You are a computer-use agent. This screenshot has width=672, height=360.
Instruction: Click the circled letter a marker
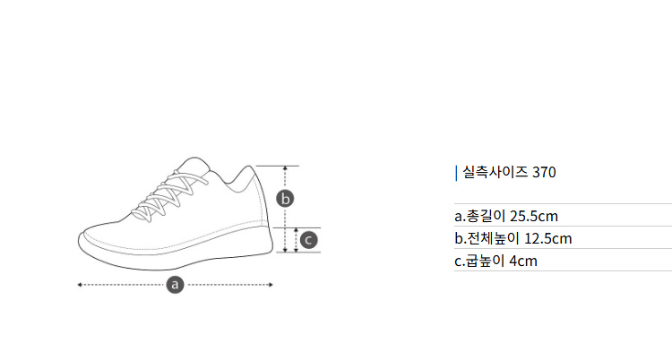[x=175, y=285]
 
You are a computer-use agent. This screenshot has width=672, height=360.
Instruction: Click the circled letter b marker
[x=285, y=199]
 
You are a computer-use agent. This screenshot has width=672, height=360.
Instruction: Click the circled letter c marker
[x=308, y=240]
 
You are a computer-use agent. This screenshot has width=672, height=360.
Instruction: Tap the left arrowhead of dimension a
[x=79, y=285]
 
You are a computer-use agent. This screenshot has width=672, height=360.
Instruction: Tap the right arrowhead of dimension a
[x=271, y=285]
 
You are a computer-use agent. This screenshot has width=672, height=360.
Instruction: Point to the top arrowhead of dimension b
[x=285, y=168]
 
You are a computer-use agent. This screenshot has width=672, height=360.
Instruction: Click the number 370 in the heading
[x=544, y=172]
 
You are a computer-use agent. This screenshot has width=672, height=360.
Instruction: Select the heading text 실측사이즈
[x=495, y=172]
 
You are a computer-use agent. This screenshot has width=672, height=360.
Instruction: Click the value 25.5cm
[x=534, y=216]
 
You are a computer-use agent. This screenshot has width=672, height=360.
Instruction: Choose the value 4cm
[x=523, y=261]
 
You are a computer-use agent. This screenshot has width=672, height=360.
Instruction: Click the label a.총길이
[x=480, y=216]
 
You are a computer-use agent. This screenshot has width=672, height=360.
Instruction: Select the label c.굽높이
[x=479, y=261]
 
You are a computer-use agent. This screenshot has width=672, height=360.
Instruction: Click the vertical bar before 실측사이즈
[x=456, y=173]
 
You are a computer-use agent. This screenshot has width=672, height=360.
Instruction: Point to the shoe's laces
[x=169, y=197]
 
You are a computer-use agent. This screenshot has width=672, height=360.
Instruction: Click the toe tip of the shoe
[x=79, y=240]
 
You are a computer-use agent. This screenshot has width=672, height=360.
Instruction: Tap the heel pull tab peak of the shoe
[x=250, y=166]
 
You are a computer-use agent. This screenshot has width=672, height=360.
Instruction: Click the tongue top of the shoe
[x=195, y=159]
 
